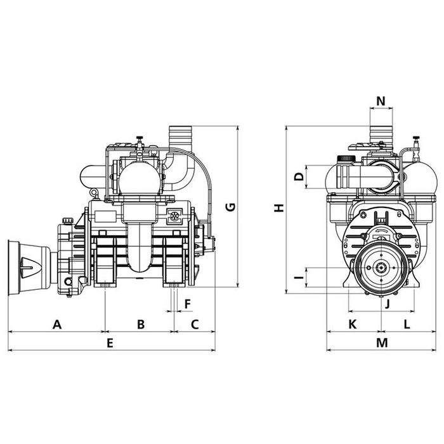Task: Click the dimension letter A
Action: tap(56, 324)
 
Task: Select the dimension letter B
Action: tap(141, 324)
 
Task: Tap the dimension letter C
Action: tap(195, 324)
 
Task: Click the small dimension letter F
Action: tap(187, 303)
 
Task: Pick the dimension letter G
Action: tap(231, 206)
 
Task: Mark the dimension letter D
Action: tap(298, 177)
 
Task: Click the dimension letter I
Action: tap(298, 277)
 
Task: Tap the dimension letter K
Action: tap(353, 324)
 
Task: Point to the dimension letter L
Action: tap(407, 324)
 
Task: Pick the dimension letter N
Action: tap(381, 101)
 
